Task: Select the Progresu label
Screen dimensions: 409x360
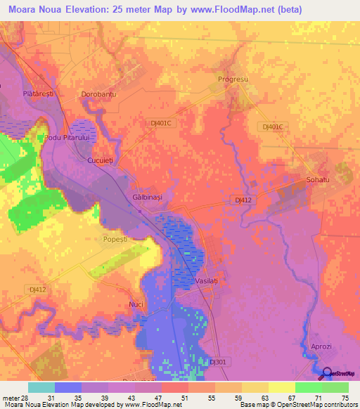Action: (233, 79)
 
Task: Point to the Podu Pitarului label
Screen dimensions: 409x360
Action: (67, 138)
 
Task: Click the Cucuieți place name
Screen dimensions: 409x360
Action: (99, 161)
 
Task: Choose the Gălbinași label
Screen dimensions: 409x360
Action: (148, 197)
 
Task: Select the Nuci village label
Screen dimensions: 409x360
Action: (136, 304)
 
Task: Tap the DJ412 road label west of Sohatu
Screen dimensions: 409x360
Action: (243, 200)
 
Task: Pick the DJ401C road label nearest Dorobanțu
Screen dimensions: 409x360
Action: (161, 122)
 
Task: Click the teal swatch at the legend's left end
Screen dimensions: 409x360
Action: (41, 387)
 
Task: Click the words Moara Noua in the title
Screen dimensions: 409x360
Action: (32, 10)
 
